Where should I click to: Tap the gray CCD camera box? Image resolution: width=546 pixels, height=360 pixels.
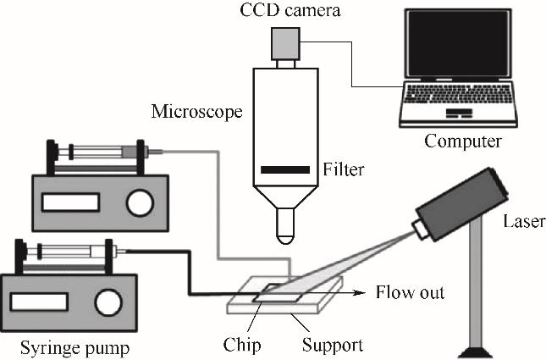pyautogui.click(x=286, y=42)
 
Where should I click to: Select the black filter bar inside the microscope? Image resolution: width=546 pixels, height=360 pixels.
pyautogui.click(x=285, y=170)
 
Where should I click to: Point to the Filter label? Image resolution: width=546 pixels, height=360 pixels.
pyautogui.click(x=343, y=170)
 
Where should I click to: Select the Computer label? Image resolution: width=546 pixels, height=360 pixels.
pyautogui.click(x=462, y=140)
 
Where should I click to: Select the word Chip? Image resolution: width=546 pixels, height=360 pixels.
pyautogui.click(x=244, y=345)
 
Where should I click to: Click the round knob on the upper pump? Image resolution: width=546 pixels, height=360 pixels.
pyautogui.click(x=140, y=201)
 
